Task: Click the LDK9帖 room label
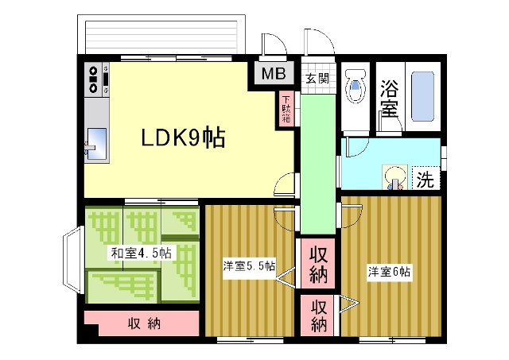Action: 183,138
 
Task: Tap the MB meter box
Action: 274,74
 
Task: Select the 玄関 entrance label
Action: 317,78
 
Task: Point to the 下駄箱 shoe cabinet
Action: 286,110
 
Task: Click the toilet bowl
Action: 356,86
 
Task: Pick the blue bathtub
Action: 422,96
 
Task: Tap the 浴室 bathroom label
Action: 389,99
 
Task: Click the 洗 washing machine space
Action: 425,178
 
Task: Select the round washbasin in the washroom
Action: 394,177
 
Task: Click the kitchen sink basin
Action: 97,144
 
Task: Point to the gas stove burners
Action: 94,79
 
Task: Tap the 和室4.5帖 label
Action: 142,253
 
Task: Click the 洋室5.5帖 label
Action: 249,266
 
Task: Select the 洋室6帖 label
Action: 389,272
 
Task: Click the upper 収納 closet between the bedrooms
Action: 318,263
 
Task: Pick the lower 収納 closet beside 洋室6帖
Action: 318,315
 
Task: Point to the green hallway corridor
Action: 318,163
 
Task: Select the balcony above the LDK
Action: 161,34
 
